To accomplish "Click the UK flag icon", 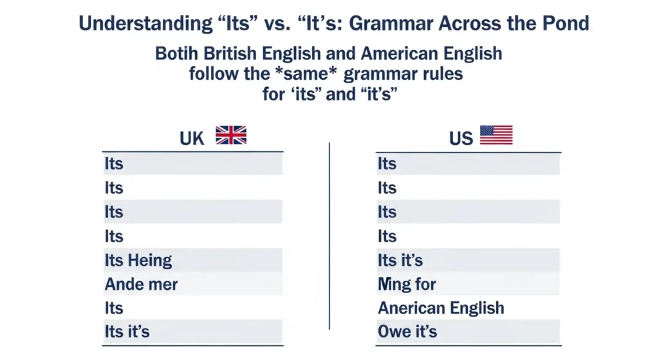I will [231, 135].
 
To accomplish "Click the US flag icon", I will [496, 135].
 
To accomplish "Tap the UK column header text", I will [192, 138].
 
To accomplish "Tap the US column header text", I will [461, 138].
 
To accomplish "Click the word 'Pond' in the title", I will [564, 24].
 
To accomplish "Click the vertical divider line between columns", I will [329, 235].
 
